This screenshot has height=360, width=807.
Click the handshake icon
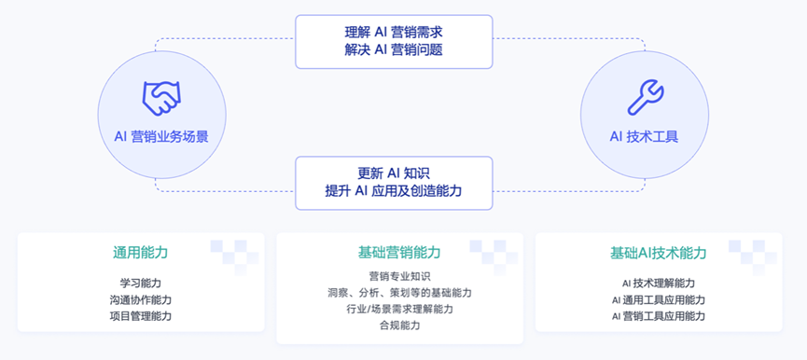[x=160, y=95]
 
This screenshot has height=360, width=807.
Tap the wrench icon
[x=645, y=95]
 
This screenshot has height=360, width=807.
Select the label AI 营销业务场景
[x=160, y=136]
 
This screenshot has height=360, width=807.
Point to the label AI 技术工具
[x=645, y=136]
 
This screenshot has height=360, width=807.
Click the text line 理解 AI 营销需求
[x=393, y=32]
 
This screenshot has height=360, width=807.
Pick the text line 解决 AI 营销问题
[x=393, y=50]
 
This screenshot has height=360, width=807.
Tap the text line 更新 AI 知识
[x=393, y=173]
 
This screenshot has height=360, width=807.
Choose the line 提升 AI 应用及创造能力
[x=393, y=191]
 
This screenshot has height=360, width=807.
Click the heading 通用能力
[x=140, y=253]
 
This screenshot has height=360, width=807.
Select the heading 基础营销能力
[x=399, y=253]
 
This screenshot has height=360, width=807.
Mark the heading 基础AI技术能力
[x=658, y=253]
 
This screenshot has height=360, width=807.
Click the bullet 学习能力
[x=140, y=283]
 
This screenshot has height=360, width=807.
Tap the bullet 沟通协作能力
[x=140, y=299]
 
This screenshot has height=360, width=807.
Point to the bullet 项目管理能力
[x=140, y=316]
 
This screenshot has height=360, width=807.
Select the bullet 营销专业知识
[x=399, y=276]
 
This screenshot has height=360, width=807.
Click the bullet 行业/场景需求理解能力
[x=399, y=309]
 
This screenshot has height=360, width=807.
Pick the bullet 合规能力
[x=399, y=325]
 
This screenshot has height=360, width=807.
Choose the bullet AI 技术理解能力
[x=658, y=283]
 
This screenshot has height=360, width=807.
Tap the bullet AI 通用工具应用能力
[x=658, y=299]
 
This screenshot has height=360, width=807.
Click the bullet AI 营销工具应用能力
[x=658, y=316]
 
